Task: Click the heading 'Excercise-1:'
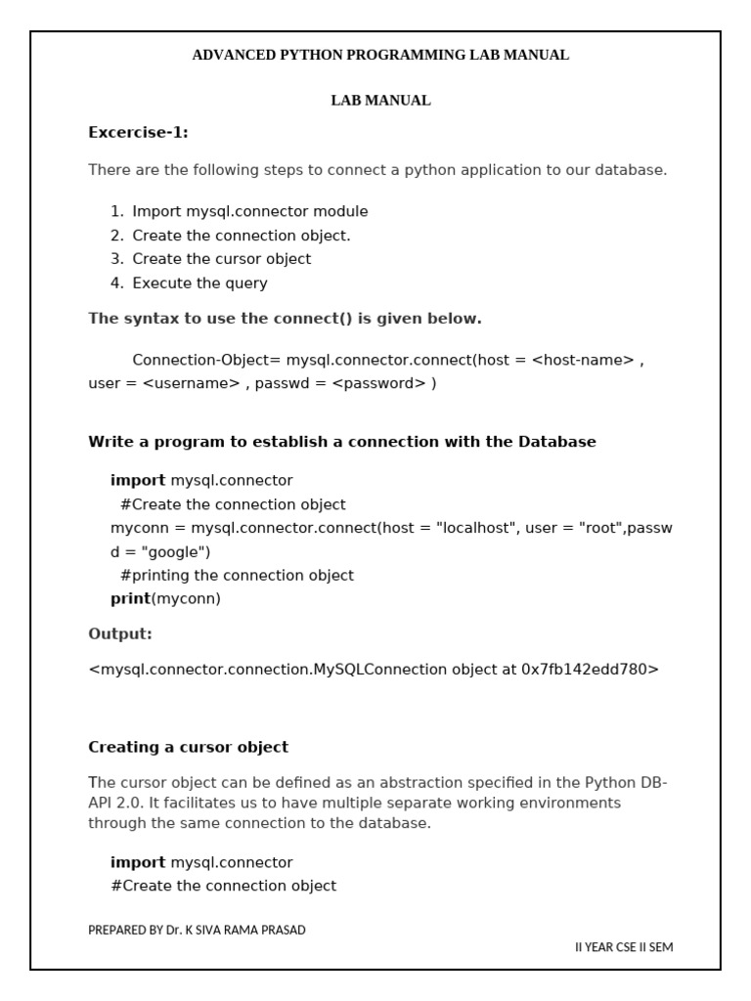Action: (138, 133)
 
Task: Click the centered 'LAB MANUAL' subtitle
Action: (380, 101)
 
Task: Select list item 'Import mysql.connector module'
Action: (250, 211)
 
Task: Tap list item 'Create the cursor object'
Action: (222, 259)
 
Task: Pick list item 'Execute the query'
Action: (199, 283)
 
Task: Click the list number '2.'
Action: (117, 236)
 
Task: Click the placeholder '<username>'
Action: (191, 383)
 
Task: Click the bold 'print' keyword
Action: (130, 598)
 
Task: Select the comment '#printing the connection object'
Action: (237, 575)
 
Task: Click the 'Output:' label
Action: (120, 634)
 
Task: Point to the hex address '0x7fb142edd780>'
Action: (591, 670)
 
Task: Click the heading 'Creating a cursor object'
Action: (188, 747)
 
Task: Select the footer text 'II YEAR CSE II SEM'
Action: (623, 947)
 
